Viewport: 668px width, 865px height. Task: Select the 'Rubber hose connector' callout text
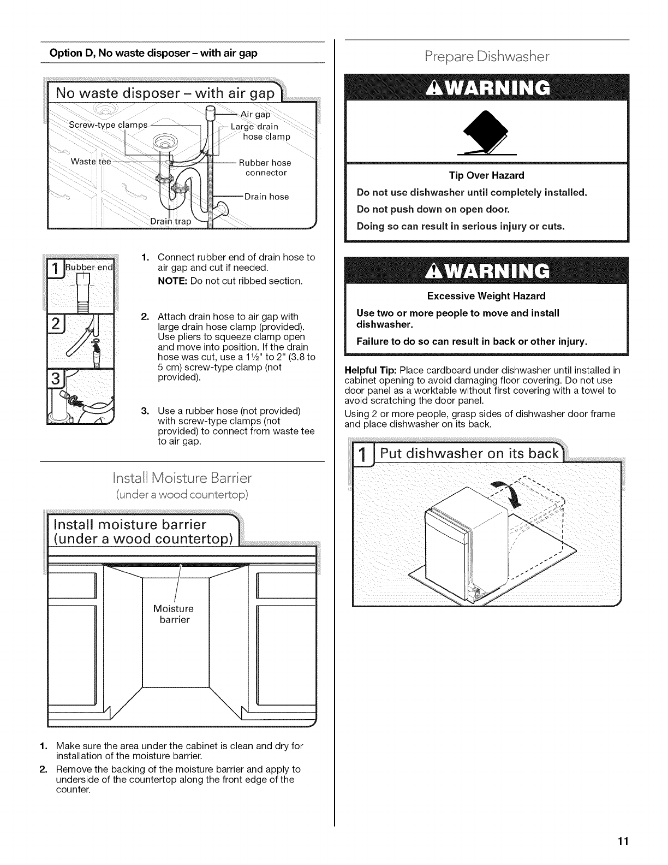click(265, 168)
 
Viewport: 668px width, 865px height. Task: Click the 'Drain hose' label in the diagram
click(266, 197)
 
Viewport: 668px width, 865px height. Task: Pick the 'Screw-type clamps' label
click(108, 125)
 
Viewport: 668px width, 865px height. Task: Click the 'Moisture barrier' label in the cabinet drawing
click(174, 614)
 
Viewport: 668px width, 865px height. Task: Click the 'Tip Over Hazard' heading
click(486, 175)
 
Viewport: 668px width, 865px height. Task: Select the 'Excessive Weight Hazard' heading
click(486, 296)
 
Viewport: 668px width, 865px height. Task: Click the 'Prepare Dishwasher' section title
click(487, 57)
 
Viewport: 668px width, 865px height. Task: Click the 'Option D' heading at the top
click(153, 53)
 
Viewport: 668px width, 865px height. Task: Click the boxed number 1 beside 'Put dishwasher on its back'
click(362, 454)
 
